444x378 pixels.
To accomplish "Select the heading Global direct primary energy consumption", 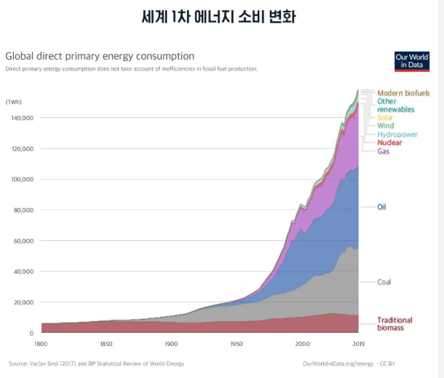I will pyautogui.click(x=100, y=56).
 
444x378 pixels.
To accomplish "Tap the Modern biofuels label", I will pyautogui.click(x=403, y=93).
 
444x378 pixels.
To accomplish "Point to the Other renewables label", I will pyautogui.click(x=395, y=106).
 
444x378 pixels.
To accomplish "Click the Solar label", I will pyautogui.click(x=386, y=117).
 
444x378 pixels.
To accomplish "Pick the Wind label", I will pyautogui.click(x=385, y=126).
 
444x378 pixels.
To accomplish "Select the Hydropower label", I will pyautogui.click(x=397, y=135).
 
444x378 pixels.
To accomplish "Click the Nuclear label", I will pyautogui.click(x=389, y=143).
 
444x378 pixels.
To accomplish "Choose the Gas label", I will pyautogui.click(x=384, y=151).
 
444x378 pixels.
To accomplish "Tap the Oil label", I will pyautogui.click(x=381, y=207).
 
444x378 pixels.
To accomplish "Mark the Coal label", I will pyautogui.click(x=384, y=282).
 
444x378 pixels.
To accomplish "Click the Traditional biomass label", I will pyautogui.click(x=395, y=324).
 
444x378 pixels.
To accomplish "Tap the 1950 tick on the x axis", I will pyautogui.click(x=237, y=343).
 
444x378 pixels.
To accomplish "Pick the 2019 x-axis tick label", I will pyautogui.click(x=357, y=343).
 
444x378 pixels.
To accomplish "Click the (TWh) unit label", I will pyautogui.click(x=16, y=101).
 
